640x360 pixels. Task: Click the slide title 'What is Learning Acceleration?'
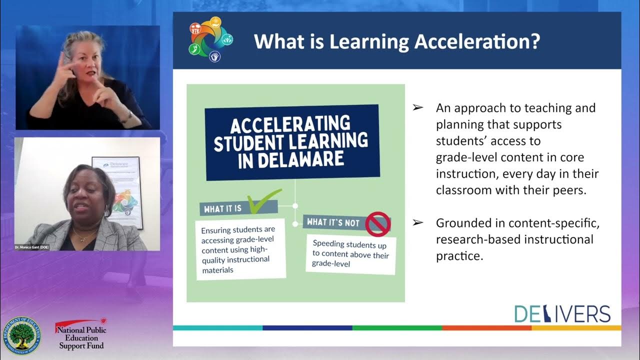[396, 41]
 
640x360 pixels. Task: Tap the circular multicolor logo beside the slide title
[211, 39]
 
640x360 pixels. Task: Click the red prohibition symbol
[377, 223]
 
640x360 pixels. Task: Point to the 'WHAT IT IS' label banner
[223, 208]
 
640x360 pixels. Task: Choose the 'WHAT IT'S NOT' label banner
[333, 222]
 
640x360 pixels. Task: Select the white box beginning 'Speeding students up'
[350, 254]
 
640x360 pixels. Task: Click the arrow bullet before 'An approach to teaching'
[417, 108]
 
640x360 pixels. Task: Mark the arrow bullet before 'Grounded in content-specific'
[417, 223]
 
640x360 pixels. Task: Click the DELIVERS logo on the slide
[562, 314]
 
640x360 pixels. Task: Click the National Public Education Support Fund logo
[81, 334]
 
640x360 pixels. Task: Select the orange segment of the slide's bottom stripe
[486, 328]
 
